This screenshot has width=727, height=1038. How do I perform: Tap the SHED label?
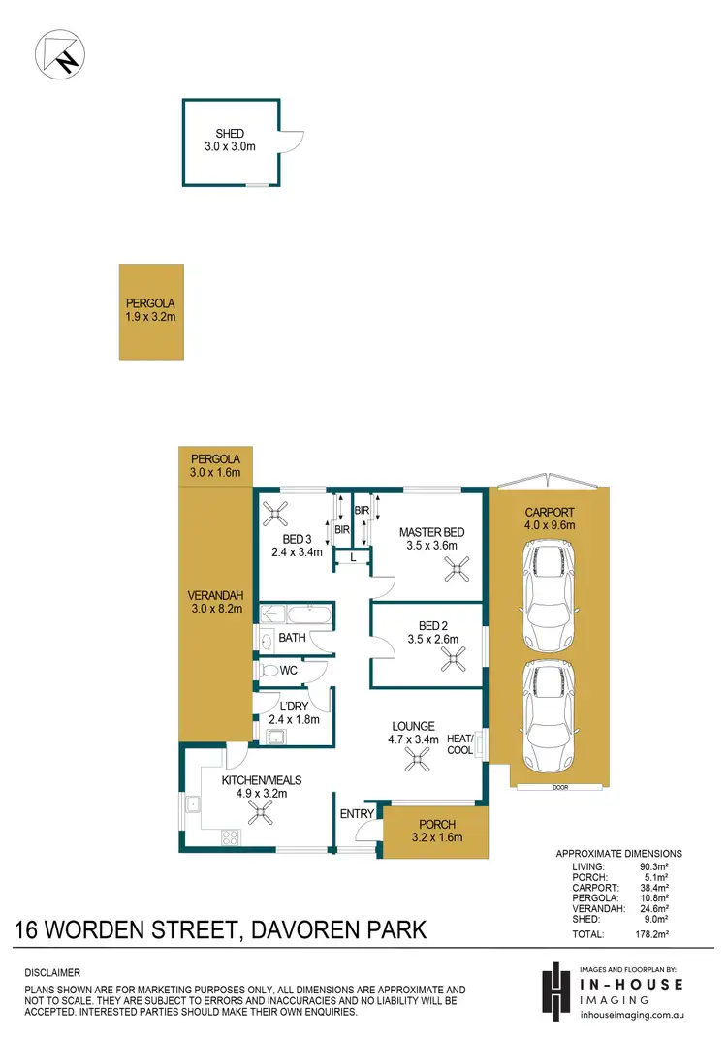tap(230, 134)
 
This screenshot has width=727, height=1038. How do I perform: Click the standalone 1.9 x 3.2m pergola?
tap(150, 311)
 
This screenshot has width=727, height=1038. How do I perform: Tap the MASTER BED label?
tap(431, 532)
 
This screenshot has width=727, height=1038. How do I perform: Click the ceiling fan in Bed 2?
tap(452, 659)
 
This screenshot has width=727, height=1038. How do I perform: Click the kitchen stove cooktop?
tap(231, 836)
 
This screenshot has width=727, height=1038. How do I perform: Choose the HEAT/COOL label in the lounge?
tap(459, 744)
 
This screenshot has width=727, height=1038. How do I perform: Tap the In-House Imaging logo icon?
tap(555, 990)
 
